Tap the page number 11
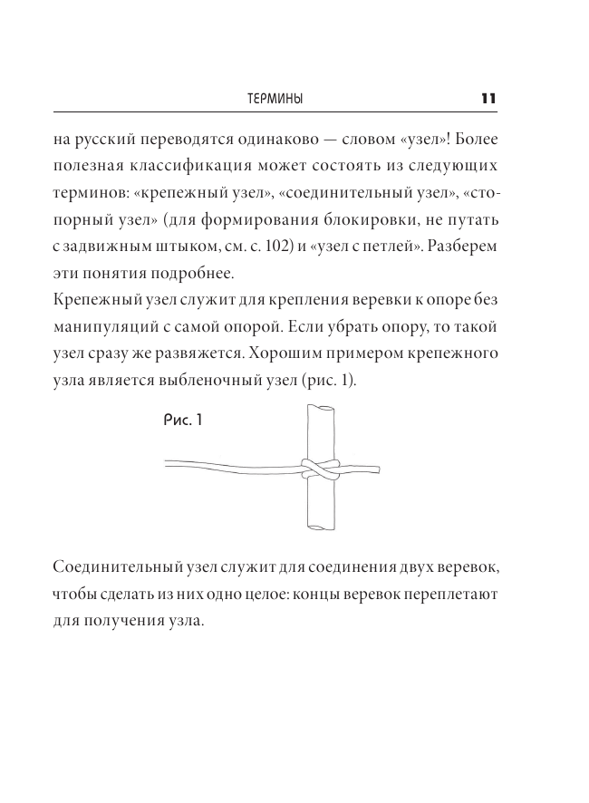click(x=487, y=98)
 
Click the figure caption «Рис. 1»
click(x=186, y=420)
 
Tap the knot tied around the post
click(x=321, y=468)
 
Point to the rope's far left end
click(x=168, y=466)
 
